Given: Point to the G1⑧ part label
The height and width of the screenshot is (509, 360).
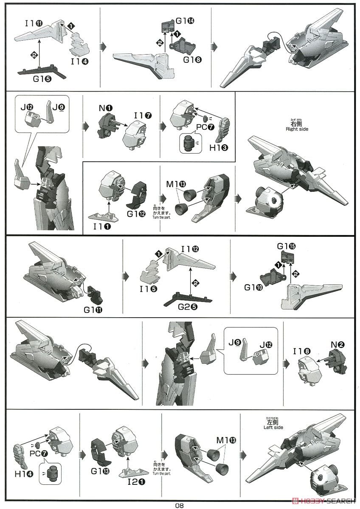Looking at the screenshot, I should (192, 59).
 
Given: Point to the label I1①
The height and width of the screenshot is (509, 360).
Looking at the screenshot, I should (102, 227).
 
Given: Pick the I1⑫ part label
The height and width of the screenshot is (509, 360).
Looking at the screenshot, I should (190, 249).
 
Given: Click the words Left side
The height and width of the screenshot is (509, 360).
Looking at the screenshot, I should (273, 428).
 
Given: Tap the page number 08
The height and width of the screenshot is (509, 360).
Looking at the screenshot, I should (180, 505).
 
